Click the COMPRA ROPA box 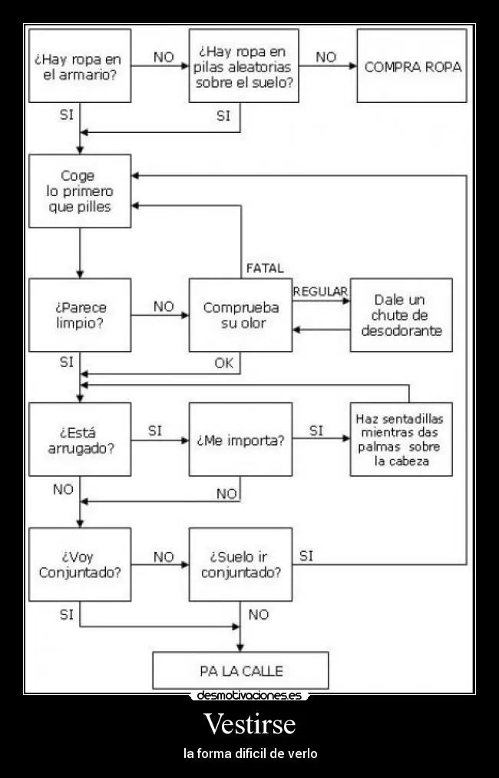(412, 66)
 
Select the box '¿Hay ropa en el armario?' (79, 66)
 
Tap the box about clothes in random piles (243, 66)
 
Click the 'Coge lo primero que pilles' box (79, 191)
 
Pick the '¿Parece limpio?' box (79, 315)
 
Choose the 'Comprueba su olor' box (240, 315)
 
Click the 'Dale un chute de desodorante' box (401, 315)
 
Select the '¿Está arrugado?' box (79, 440)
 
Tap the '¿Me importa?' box (240, 440)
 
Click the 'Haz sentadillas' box (401, 440)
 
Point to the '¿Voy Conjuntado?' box (79, 564)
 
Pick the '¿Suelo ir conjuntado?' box (240, 564)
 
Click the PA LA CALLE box (240, 670)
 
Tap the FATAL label (264, 268)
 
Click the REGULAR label (320, 291)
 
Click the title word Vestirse (249, 724)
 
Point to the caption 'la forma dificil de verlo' (249, 753)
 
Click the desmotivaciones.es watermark (249, 696)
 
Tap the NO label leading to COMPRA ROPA (326, 57)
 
